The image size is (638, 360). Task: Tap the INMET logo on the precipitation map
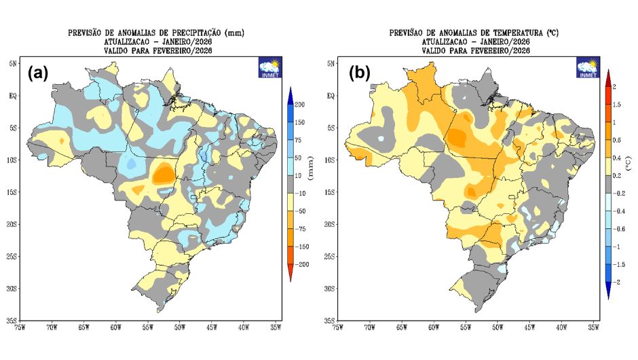click(269, 68)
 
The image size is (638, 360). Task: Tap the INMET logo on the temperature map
click(588, 68)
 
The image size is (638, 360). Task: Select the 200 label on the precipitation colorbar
click(299, 104)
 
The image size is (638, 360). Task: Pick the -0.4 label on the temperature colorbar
click(617, 211)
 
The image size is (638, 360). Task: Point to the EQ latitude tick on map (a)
click(13, 96)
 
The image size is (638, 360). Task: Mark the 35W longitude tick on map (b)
click(593, 327)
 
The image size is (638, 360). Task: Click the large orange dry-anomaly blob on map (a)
click(163, 174)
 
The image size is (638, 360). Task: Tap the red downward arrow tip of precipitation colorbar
click(290, 277)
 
